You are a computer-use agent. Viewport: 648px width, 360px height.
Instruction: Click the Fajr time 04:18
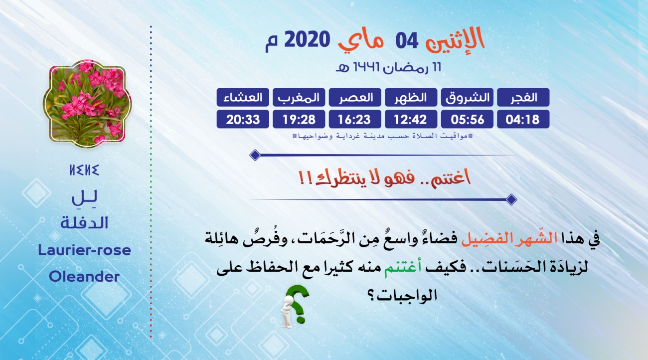click(523, 119)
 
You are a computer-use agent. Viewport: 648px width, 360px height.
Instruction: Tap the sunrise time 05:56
click(467, 119)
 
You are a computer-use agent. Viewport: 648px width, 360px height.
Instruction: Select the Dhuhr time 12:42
click(411, 119)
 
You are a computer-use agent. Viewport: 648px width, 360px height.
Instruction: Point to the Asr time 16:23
click(355, 119)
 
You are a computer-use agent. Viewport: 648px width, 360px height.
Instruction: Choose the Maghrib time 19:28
click(299, 119)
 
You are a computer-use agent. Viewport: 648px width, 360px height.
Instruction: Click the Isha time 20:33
click(243, 119)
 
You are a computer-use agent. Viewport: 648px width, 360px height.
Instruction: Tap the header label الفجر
click(523, 97)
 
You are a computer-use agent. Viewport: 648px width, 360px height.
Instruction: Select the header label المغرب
click(299, 97)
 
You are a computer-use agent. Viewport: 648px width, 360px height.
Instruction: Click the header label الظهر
click(411, 97)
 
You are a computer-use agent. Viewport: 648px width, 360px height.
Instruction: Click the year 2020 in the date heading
click(307, 39)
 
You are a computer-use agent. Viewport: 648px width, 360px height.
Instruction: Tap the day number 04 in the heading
click(407, 41)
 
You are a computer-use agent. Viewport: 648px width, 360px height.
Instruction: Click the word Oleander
click(84, 277)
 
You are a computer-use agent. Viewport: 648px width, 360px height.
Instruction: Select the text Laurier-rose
click(84, 250)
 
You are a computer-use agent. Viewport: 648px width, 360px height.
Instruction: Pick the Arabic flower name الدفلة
click(84, 223)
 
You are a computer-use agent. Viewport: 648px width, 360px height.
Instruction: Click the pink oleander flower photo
click(87, 104)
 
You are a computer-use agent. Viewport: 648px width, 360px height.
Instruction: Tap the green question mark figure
click(294, 306)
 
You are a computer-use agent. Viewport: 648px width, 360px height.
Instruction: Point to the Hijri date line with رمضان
click(388, 67)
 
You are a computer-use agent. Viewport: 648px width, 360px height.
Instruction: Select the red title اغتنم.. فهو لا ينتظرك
click(385, 178)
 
